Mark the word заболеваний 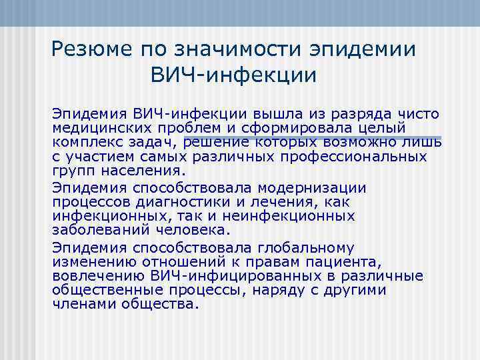coord(99,231)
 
